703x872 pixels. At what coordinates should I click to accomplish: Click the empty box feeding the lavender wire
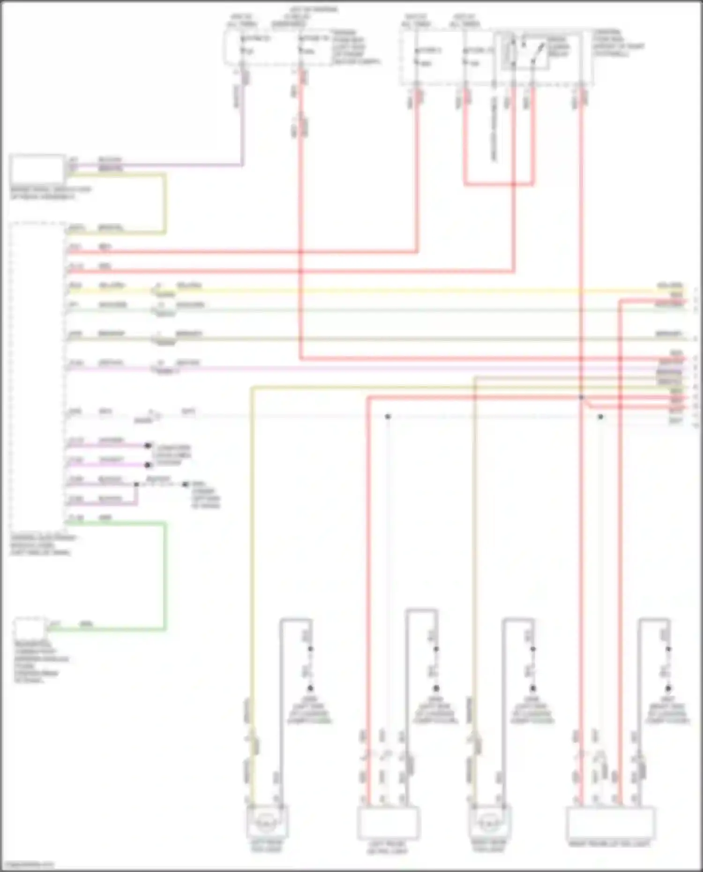coord(37,168)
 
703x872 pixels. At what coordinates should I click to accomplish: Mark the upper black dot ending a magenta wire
coord(148,445)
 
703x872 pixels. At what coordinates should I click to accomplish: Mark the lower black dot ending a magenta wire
coord(148,465)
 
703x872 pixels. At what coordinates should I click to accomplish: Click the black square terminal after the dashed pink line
coord(185,484)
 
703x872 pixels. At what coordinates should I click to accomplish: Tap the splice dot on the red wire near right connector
coord(581,397)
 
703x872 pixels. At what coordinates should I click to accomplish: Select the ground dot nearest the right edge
coord(668,688)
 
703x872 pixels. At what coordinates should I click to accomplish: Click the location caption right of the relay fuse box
coord(618,43)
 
